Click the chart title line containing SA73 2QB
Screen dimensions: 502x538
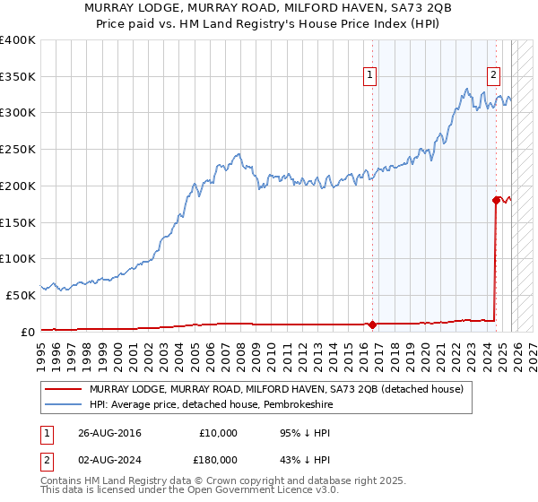268,8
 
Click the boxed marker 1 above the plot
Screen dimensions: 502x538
369,76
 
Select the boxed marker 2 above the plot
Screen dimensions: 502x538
492,76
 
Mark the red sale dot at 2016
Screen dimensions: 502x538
372,324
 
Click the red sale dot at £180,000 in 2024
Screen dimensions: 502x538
495,200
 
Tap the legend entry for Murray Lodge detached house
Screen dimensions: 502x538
276,389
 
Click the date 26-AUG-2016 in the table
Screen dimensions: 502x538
110,433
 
